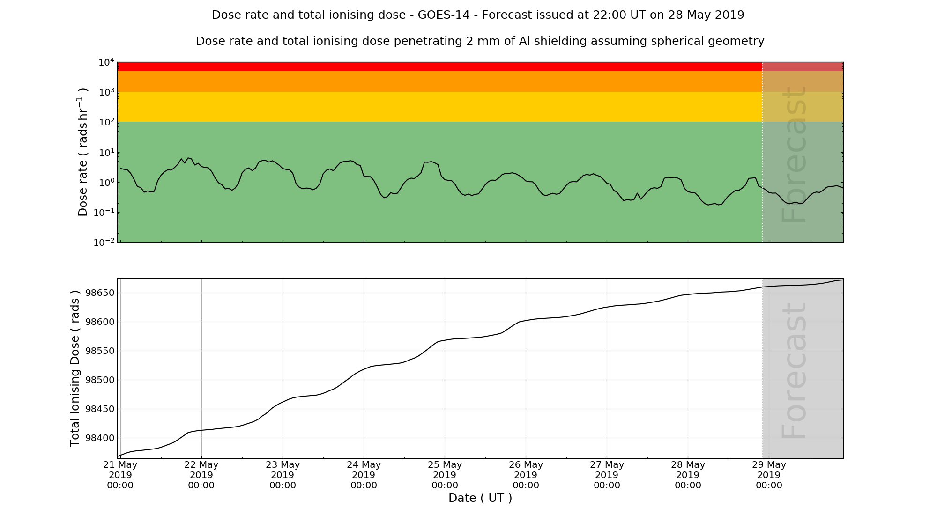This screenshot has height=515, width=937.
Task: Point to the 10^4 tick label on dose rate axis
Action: click(106, 62)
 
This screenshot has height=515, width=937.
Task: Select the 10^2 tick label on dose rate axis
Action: click(106, 122)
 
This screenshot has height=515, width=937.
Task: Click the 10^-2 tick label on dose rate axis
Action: click(104, 243)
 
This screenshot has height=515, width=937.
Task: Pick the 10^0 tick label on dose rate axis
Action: click(106, 183)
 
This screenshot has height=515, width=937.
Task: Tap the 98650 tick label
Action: click(99, 293)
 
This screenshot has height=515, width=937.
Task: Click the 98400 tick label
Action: click(99, 438)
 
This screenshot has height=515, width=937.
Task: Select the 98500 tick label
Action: click(99, 380)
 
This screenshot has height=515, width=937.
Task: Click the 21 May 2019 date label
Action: click(120, 475)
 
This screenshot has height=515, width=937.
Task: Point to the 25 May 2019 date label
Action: click(445, 475)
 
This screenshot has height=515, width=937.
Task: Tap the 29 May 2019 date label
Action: click(769, 475)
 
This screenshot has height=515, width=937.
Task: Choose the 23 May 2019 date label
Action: click(283, 475)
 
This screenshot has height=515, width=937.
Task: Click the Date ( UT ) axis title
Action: click(480, 498)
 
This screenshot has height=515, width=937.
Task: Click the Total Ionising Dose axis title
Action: click(75, 368)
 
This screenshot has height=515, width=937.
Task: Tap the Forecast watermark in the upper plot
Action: click(795, 154)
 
